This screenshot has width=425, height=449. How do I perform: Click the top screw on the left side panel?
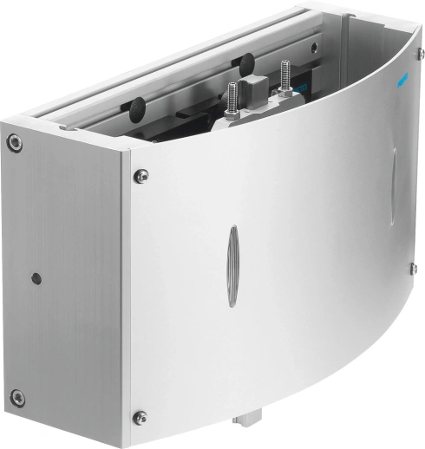pyautogui.click(x=15, y=142)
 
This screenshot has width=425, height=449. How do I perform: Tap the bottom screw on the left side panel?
pyautogui.click(x=16, y=398)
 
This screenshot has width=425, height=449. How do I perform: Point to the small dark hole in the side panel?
pyautogui.click(x=36, y=279)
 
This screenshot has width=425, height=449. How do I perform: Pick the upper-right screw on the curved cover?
pyautogui.click(x=419, y=55)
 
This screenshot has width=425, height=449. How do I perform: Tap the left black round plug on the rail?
pyautogui.click(x=137, y=107)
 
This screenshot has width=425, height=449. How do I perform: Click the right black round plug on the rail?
pyautogui.click(x=245, y=62)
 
